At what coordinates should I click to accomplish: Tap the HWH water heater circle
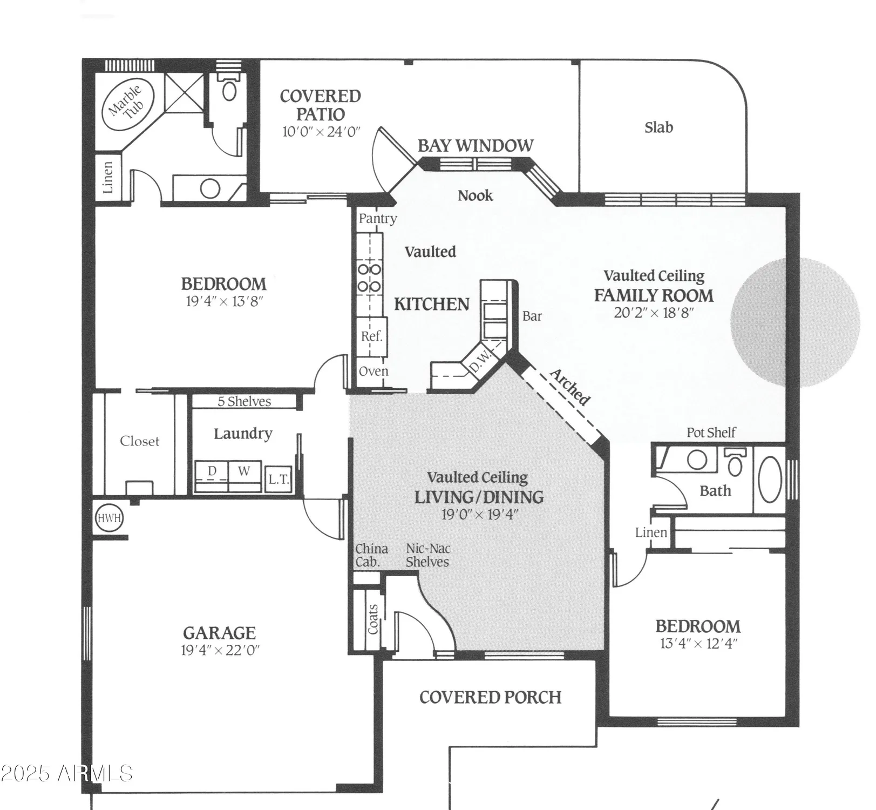pyautogui.click(x=109, y=518)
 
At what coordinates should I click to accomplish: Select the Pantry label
pyautogui.click(x=378, y=219)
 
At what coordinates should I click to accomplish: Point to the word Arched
pyautogui.click(x=570, y=387)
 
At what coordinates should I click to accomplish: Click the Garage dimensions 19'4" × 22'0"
pyautogui.click(x=220, y=650)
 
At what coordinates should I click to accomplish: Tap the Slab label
pyautogui.click(x=658, y=127)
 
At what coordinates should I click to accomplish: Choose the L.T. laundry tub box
pyautogui.click(x=279, y=479)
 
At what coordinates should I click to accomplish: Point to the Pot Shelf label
pyautogui.click(x=711, y=433)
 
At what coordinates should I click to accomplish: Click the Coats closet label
pyautogui.click(x=373, y=619)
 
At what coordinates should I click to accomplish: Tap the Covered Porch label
pyautogui.click(x=490, y=697)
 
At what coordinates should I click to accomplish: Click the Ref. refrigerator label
pyautogui.click(x=371, y=336)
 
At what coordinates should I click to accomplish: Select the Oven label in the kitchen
pyautogui.click(x=373, y=372)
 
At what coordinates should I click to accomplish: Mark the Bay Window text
pyautogui.click(x=475, y=146)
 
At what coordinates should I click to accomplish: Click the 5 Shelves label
pyautogui.click(x=244, y=401)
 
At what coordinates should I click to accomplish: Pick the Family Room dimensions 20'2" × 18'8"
pyautogui.click(x=654, y=313)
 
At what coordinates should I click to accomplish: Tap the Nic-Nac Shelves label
pyautogui.click(x=428, y=555)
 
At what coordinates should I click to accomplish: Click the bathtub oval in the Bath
pyautogui.click(x=770, y=480)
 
